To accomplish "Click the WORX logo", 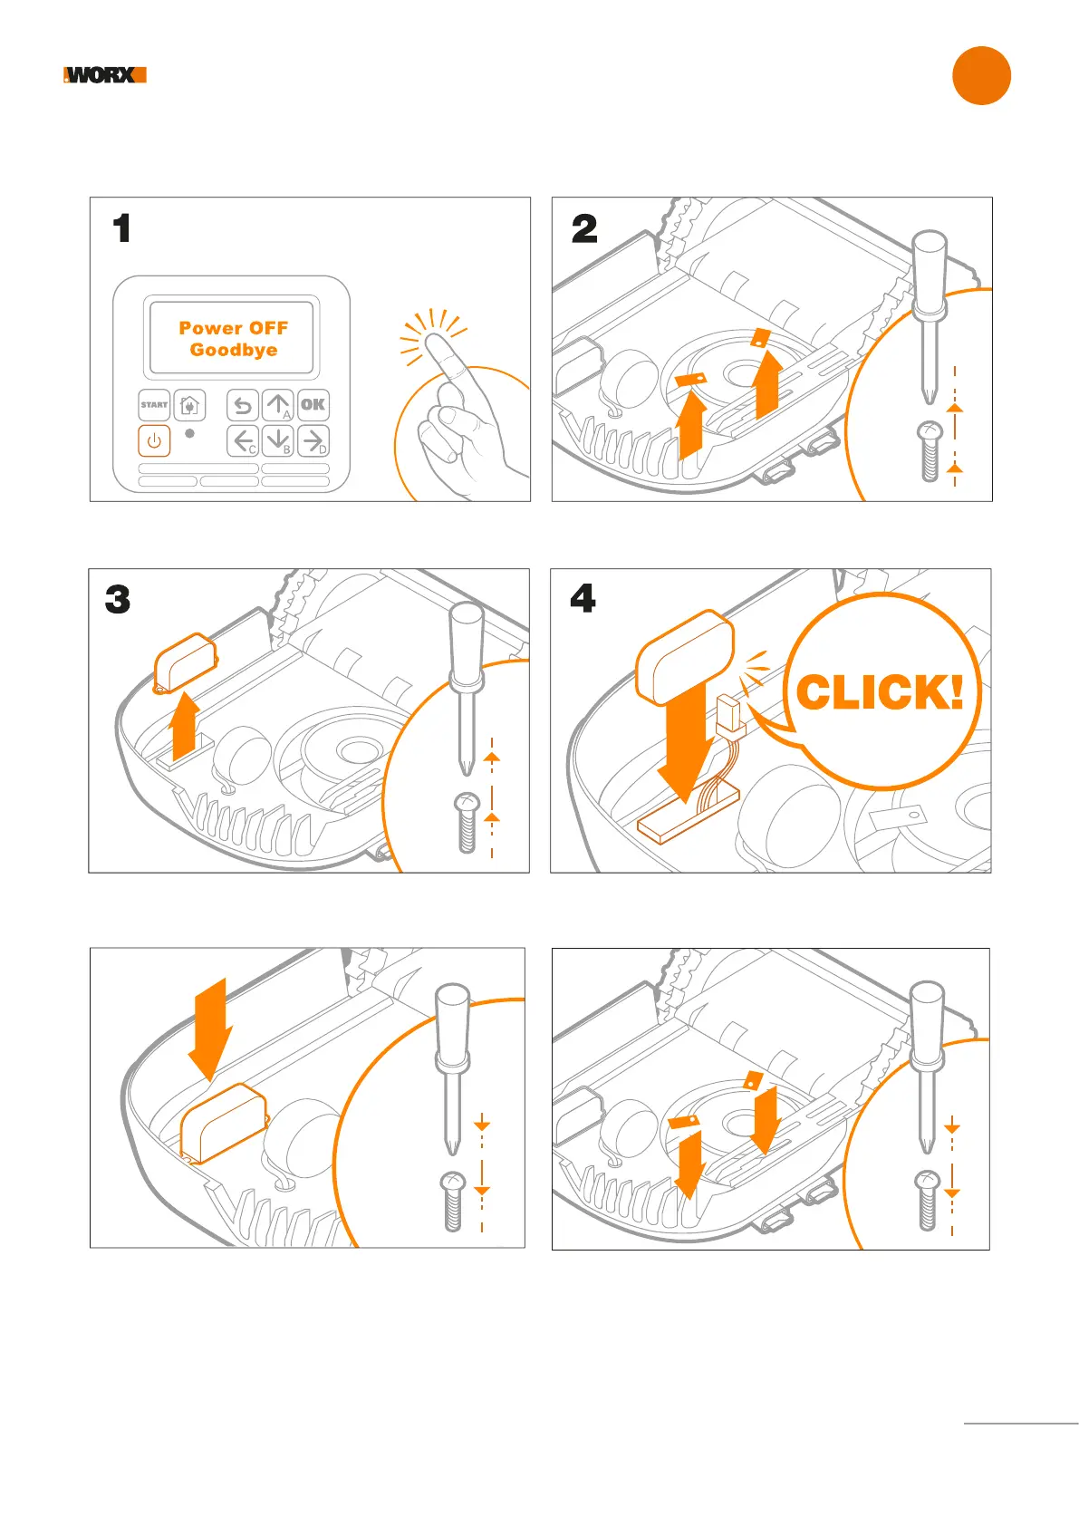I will [105, 75].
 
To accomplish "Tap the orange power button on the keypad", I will [154, 441].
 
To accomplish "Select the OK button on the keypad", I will [313, 405].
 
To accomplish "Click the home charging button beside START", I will [189, 405].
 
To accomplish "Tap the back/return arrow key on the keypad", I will [243, 405].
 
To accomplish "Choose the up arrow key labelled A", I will [278, 405].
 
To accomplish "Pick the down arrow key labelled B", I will [278, 441].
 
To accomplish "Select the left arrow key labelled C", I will [243, 441].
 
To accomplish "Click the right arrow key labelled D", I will [313, 441].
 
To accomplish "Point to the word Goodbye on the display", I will [234, 350].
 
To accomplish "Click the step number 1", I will [122, 228].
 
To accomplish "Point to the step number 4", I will [583, 598].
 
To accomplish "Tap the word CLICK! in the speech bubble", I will [880, 693].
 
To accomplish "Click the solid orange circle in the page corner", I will [981, 75].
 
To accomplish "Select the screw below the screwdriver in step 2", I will [930, 451].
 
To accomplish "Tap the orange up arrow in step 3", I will [185, 725].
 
